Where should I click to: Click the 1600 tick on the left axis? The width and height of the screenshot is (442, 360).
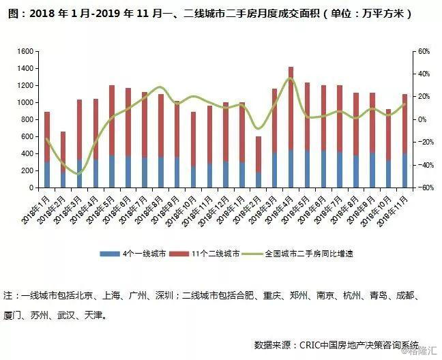pyautogui.click(x=25, y=52)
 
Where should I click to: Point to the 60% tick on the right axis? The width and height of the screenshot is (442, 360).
pyautogui.click(x=424, y=52)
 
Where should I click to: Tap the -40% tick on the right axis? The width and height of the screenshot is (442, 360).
pyautogui.click(x=422, y=165)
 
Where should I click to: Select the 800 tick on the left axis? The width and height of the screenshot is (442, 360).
pyautogui.click(x=27, y=120)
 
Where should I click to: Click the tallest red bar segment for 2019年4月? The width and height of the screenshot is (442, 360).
pyautogui.click(x=291, y=108)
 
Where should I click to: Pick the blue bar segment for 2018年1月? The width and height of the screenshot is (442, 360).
pyautogui.click(x=47, y=175)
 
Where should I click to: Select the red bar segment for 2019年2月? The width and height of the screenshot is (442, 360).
pyautogui.click(x=259, y=154)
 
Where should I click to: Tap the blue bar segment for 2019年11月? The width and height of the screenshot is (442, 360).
pyautogui.click(x=404, y=170)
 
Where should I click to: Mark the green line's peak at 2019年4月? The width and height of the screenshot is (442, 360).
pyautogui.click(x=291, y=78)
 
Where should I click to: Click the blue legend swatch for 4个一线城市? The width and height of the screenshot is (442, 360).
pyautogui.click(x=110, y=254)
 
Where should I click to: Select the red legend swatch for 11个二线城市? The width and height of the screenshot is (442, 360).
pyautogui.click(x=179, y=254)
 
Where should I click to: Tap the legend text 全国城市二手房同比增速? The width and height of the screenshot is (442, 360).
pyautogui.click(x=309, y=254)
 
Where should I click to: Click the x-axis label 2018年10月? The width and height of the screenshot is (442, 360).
pyautogui.click(x=181, y=211)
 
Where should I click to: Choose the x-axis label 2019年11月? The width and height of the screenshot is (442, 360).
pyautogui.click(x=393, y=211)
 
